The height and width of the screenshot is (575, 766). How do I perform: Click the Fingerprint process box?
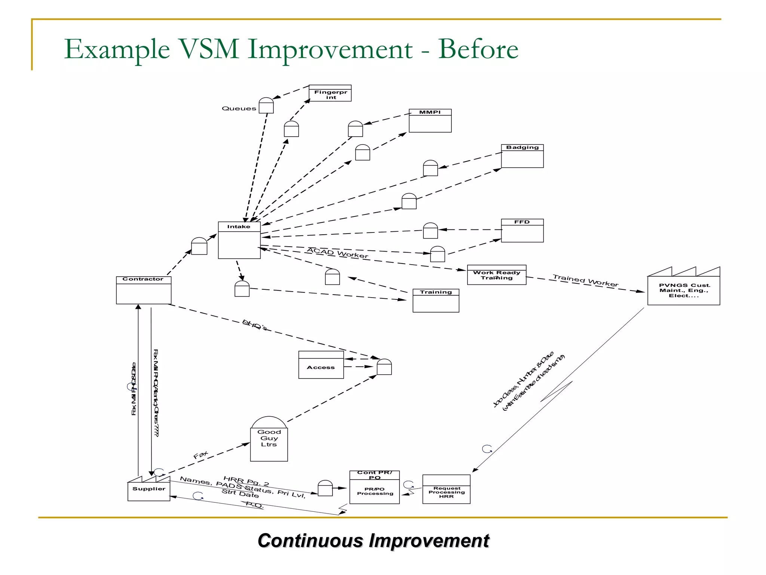330,93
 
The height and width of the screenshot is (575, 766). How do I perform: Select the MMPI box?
430,121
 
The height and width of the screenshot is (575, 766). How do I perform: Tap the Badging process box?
522,156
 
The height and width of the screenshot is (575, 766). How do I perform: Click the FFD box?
522,231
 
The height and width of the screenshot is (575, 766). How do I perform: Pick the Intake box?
239,240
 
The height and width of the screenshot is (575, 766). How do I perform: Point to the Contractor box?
144,290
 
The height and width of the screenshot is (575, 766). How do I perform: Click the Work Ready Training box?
496,275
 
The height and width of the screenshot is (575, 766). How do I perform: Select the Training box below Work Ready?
436,301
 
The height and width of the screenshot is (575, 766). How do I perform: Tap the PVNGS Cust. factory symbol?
683,290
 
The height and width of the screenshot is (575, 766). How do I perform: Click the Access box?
321,365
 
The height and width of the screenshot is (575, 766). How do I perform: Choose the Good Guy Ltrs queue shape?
269,439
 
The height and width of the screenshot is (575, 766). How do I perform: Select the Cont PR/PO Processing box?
374,487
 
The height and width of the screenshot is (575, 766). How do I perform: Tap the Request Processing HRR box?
446,490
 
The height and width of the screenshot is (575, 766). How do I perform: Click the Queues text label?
239,109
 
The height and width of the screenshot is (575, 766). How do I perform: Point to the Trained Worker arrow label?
585,280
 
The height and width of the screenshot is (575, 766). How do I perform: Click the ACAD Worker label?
337,253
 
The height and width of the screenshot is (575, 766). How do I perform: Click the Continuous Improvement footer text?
373,541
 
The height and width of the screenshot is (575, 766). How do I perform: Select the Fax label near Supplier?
200,455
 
